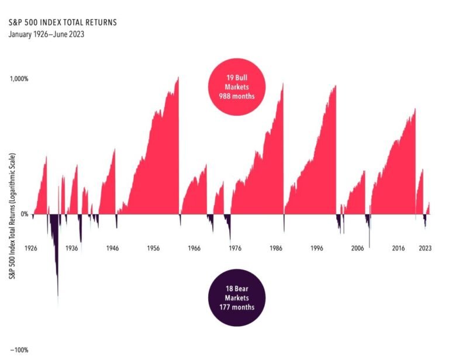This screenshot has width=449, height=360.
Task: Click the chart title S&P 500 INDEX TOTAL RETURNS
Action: point(63,23)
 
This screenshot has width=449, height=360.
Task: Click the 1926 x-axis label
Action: point(31,248)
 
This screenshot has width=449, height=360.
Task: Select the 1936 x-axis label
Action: point(72,248)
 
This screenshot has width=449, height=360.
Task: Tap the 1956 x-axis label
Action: point(154,248)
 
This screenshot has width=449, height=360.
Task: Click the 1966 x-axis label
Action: point(194,248)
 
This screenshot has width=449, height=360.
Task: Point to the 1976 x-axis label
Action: point(234,248)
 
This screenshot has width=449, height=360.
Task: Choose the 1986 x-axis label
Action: point(275,248)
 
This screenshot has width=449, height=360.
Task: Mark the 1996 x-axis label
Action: point(316,248)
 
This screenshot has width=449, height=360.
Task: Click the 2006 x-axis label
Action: point(357,248)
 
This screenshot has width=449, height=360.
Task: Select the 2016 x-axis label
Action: point(398,248)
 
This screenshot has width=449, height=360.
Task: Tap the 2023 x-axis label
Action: point(426,248)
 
